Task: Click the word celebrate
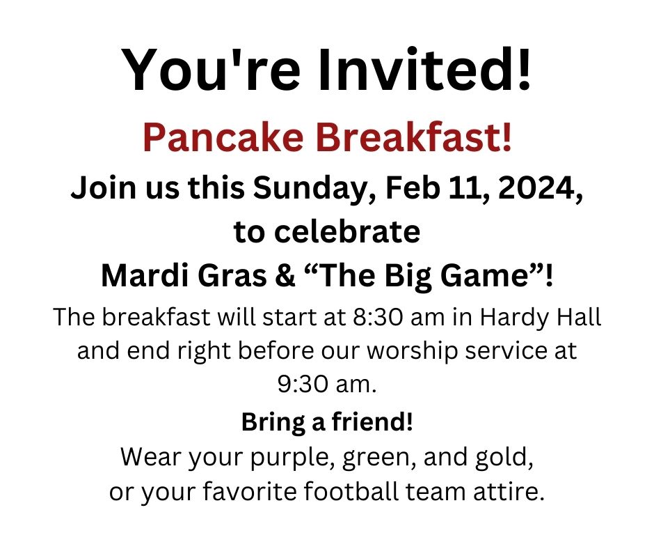coord(347,231)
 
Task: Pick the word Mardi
coord(144,276)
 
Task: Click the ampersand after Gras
coord(285,276)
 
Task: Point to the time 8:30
coord(378,318)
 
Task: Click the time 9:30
coord(303,385)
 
